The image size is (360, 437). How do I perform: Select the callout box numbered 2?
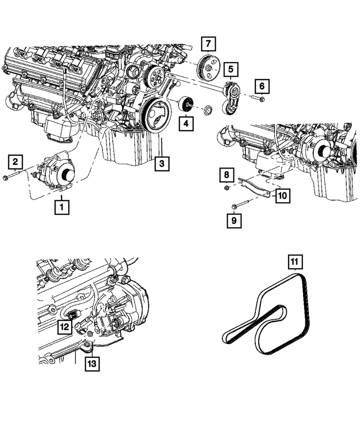pos(15,161)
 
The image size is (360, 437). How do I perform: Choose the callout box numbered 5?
pos(231,70)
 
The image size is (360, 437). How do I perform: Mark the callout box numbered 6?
pos(262,85)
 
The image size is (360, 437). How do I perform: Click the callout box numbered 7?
pos(208,44)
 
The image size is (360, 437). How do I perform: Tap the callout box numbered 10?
pos(281,196)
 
